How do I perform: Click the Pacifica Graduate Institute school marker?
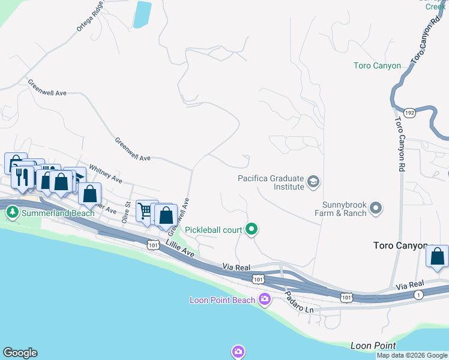[313, 181]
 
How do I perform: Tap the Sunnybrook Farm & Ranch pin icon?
[376, 208]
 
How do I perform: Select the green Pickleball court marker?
[252, 229]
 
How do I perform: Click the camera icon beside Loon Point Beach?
[265, 299]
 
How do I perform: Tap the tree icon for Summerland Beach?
[12, 212]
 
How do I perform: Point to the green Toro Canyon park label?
[377, 66]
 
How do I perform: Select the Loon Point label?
[373, 346]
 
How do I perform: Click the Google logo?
[20, 353]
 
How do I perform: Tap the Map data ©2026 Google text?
[412, 355]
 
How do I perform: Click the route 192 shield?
[409, 112]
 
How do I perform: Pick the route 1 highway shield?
[418, 294]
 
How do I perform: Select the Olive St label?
[127, 213]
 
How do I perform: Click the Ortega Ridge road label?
[91, 16]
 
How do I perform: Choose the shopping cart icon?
[145, 210]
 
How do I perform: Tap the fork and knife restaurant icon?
[22, 177]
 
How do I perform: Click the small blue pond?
[142, 14]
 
